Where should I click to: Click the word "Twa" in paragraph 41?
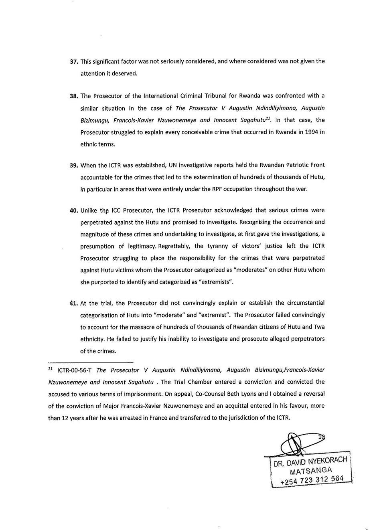tap(319, 327)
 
